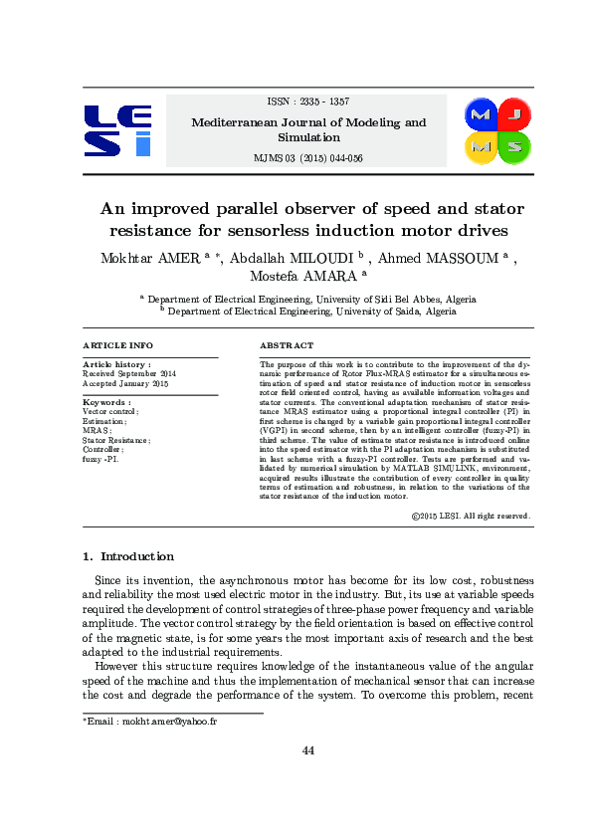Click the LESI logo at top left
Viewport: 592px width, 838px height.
(117, 130)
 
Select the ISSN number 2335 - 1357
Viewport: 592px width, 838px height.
(308, 102)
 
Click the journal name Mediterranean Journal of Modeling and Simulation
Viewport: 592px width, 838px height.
(308, 130)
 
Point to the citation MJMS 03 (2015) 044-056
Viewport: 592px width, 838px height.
(308, 158)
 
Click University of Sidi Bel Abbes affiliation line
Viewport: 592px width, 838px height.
(308, 298)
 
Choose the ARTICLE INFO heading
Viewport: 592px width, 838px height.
(117, 345)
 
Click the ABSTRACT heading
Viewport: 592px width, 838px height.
(287, 345)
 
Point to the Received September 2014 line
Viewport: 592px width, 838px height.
(129, 373)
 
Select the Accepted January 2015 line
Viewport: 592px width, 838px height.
(126, 383)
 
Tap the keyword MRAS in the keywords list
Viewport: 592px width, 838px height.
(97, 430)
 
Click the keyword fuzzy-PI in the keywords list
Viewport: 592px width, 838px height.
(101, 460)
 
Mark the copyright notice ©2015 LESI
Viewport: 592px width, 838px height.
(470, 517)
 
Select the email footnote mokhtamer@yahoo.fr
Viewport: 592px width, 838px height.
(149, 721)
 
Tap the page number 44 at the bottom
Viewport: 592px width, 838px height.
(308, 750)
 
